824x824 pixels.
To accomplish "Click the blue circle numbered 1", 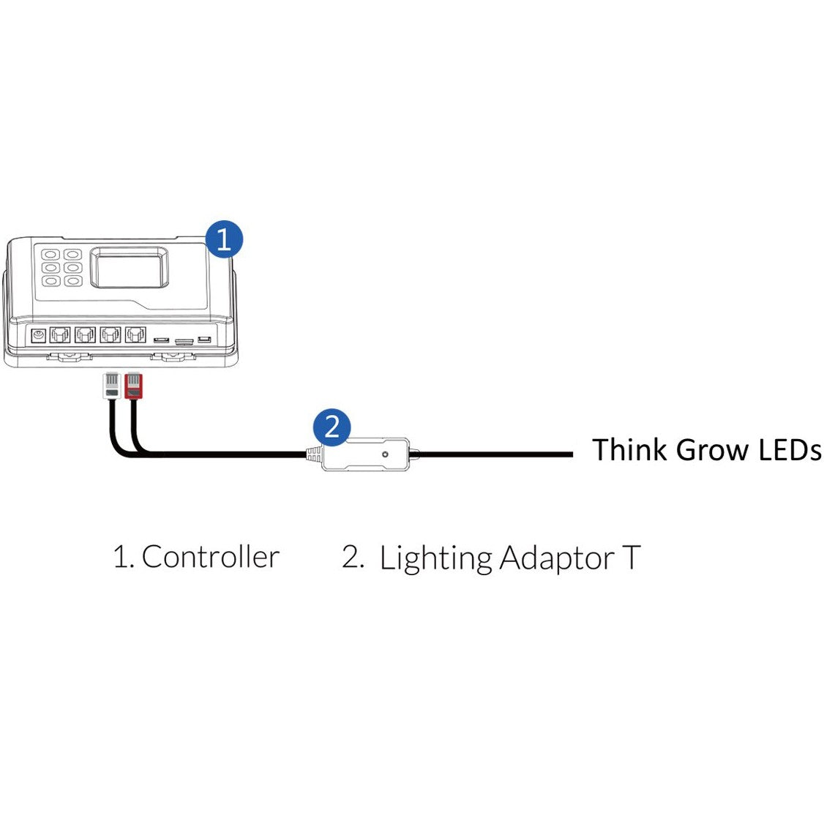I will coord(224,239).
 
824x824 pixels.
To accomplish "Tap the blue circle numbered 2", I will coord(332,426).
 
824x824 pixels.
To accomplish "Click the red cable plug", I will coord(132,386).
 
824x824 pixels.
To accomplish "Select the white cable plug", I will coord(111,386).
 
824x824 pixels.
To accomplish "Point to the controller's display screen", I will coord(128,268).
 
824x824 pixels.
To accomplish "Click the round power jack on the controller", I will coord(37,335).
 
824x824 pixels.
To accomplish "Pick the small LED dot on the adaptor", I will coord(385,455).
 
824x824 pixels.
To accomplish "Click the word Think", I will coord(630,449).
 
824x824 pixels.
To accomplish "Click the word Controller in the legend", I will coord(210,557).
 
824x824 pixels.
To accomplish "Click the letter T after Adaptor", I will coord(631,558).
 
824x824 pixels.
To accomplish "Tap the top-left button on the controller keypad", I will coord(50,255).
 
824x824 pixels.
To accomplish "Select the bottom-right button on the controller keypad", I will coord(72,280).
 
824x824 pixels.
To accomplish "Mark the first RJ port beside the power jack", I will coord(60,335).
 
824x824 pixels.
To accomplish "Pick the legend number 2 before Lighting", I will coord(352,557).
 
